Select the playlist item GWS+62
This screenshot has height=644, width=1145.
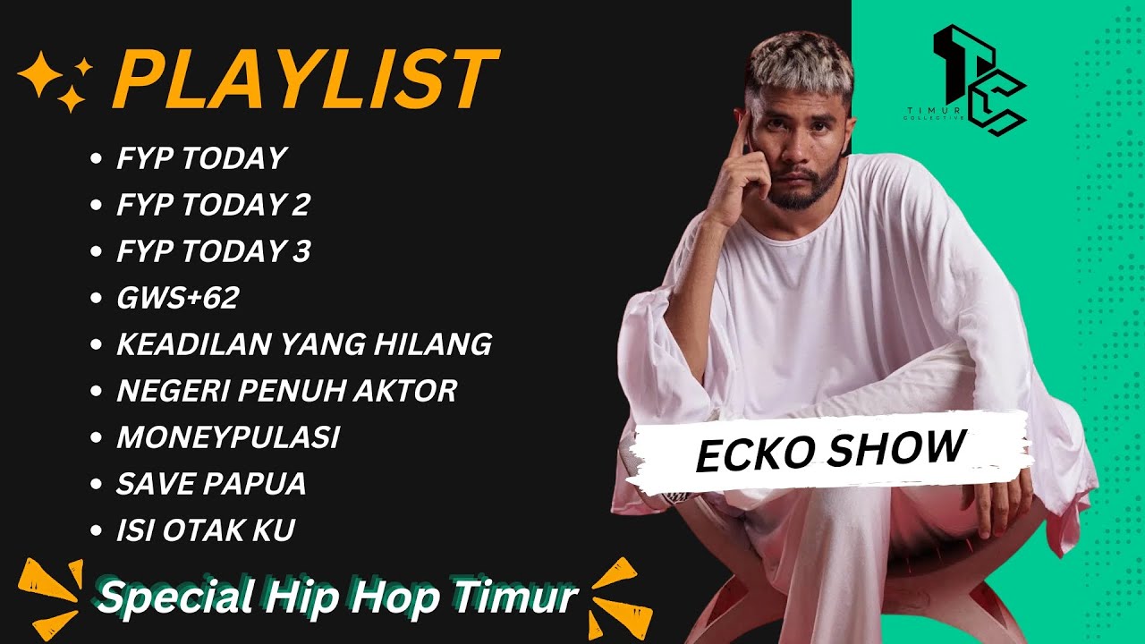click(x=177, y=298)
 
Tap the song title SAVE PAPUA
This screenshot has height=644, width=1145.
click(x=211, y=484)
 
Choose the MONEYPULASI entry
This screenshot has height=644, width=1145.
click(x=228, y=437)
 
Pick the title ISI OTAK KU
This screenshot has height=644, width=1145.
click(x=206, y=530)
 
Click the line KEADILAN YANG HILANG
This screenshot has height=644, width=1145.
click(x=304, y=344)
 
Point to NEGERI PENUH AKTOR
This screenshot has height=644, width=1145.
click(x=286, y=391)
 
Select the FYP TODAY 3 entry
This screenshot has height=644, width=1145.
click(x=213, y=251)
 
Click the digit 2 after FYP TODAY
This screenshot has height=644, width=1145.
click(x=301, y=205)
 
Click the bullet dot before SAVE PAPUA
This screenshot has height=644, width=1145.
click(x=96, y=485)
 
